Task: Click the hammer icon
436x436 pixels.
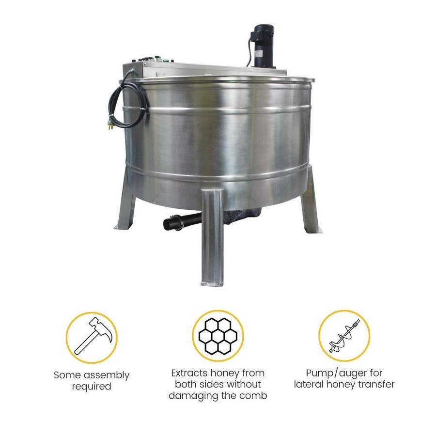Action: tap(92, 335)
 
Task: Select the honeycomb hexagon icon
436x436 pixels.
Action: tap(218, 335)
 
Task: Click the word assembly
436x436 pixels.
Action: tap(107, 375)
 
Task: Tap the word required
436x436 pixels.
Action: tap(92, 387)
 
